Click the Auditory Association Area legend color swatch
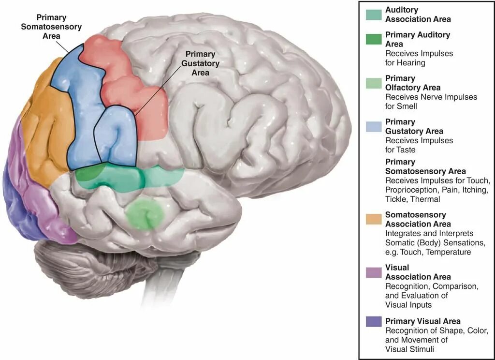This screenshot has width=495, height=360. (374, 15)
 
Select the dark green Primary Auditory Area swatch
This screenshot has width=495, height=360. (374, 40)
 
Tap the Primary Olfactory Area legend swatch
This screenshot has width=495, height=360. (374, 83)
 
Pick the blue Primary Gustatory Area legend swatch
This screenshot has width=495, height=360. (374, 127)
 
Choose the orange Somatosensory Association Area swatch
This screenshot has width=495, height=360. (374, 219)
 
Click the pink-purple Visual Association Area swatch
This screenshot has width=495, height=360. (374, 272)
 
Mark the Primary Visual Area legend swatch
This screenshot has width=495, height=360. (374, 321)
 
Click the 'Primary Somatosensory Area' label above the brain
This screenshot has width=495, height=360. (51, 27)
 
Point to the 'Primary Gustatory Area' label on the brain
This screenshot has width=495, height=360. (200, 63)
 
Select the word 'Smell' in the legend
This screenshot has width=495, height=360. (396, 106)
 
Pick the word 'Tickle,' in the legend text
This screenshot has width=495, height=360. (398, 199)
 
